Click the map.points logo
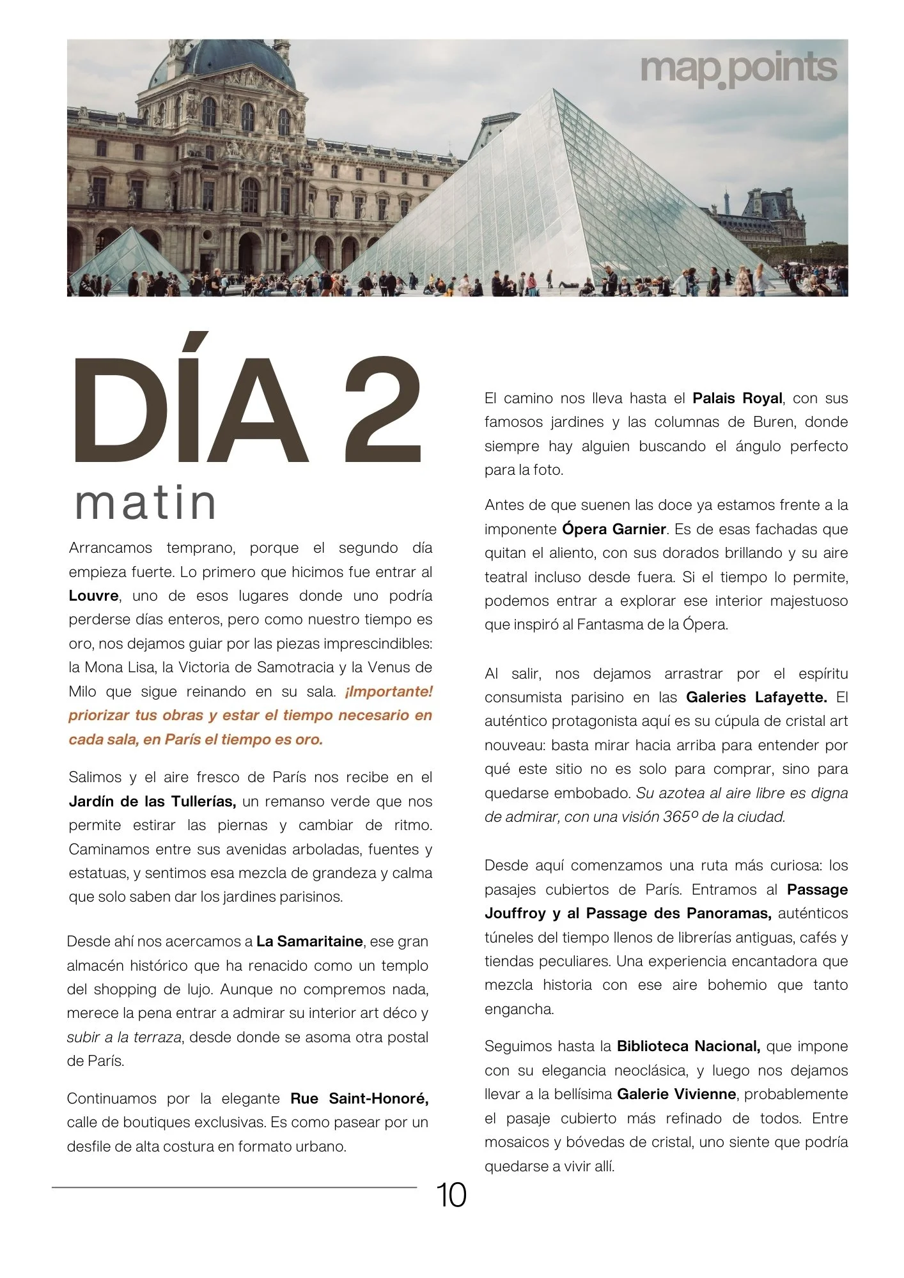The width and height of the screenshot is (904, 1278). click(x=738, y=69)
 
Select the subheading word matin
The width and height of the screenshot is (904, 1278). click(x=146, y=504)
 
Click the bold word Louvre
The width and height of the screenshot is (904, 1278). click(x=93, y=596)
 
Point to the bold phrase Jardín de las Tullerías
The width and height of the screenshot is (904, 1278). click(x=152, y=801)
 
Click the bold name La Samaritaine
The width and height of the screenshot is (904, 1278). click(x=309, y=941)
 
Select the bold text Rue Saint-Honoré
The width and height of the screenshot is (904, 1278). click(x=359, y=1098)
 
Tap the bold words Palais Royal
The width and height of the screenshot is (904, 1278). click(x=737, y=399)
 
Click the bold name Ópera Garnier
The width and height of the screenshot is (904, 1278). click(x=614, y=529)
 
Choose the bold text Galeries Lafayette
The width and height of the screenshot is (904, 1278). click(x=756, y=697)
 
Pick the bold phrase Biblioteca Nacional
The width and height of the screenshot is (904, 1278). click(x=688, y=1046)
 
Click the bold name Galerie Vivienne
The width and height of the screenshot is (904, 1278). click(x=676, y=1094)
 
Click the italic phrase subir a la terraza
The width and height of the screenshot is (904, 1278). click(x=124, y=1037)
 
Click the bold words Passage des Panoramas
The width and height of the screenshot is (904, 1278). click(x=678, y=914)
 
